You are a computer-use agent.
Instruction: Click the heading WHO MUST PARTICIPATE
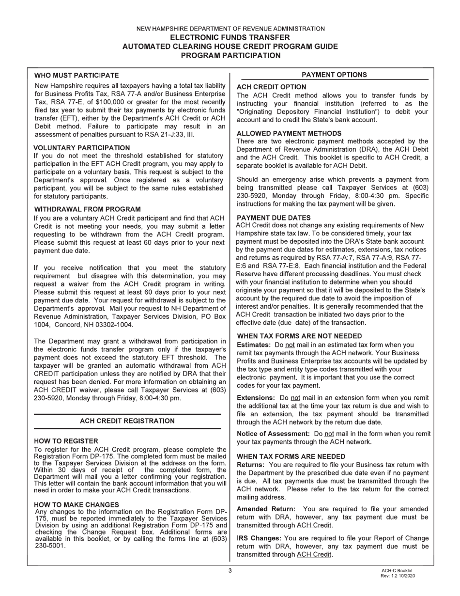[x=77, y=76]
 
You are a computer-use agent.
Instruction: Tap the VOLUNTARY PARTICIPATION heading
[x=82, y=148]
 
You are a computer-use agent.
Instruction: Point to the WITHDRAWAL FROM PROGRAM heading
[x=88, y=209]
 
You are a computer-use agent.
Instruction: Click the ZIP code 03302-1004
[x=111, y=325]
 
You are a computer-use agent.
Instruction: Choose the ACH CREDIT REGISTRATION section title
[x=127, y=421]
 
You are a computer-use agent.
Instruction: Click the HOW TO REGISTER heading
[x=66, y=441]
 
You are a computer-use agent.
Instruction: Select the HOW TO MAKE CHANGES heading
[x=77, y=504]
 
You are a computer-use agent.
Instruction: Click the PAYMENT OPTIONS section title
[x=334, y=75]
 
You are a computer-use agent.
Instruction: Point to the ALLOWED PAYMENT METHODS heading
[x=289, y=133]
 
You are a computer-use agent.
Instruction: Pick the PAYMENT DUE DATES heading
[x=274, y=218]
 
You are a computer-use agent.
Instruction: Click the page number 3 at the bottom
[x=230, y=570]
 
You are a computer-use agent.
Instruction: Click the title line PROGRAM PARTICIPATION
[x=230, y=56]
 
